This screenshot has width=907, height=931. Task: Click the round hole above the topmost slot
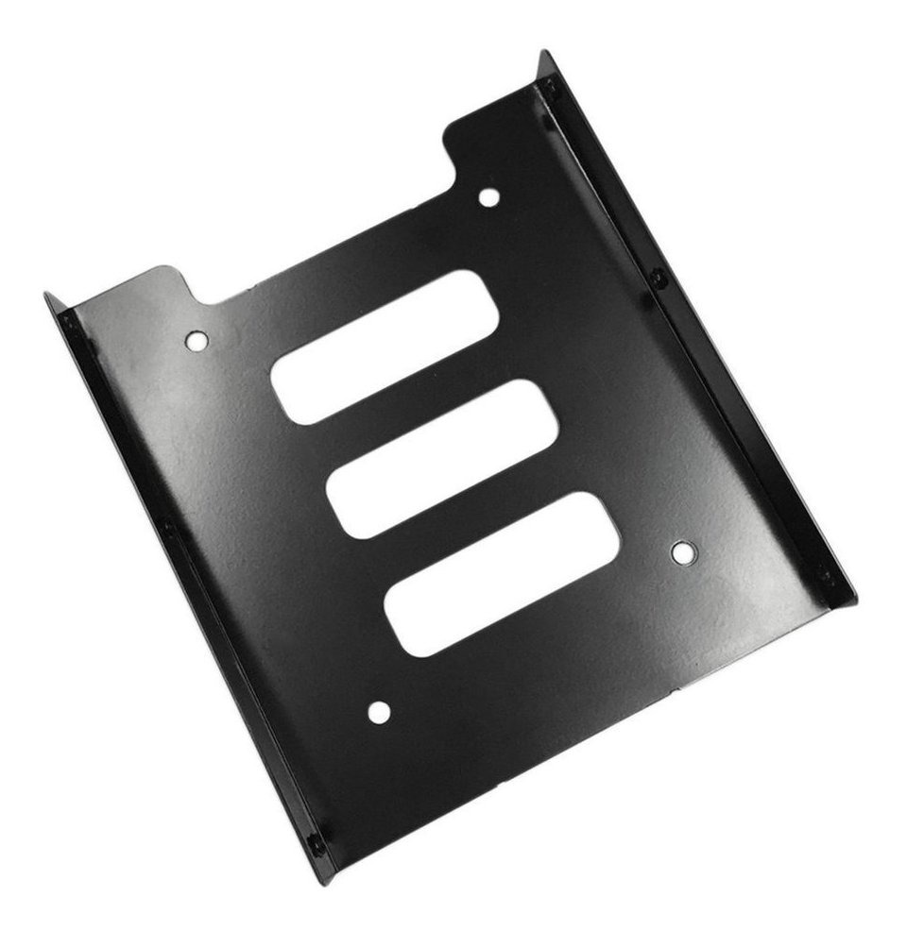(489, 196)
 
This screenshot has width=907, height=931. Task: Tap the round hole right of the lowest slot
(682, 552)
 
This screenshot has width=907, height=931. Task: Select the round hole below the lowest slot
(378, 712)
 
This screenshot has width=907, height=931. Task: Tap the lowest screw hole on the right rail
(824, 573)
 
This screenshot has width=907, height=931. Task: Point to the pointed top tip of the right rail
(540, 53)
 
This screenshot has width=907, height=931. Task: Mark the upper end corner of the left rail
(45, 296)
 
